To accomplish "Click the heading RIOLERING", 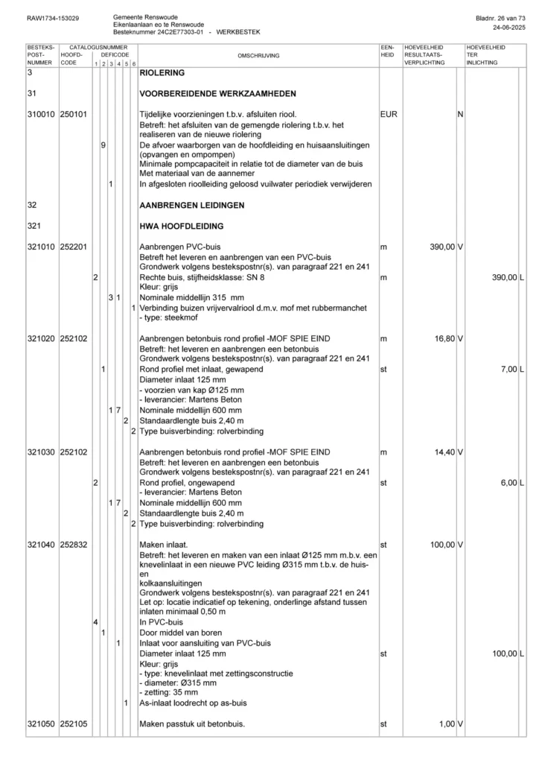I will click(162, 74).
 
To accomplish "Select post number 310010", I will click(40, 115).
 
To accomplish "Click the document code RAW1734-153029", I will click(53, 17).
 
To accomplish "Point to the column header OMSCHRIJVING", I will click(258, 55).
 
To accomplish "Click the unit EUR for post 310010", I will click(389, 115).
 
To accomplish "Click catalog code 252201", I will click(74, 246).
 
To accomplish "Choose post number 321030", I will click(40, 452).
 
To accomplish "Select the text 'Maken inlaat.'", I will click(164, 545).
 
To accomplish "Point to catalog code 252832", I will click(74, 545).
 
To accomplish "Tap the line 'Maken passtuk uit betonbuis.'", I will click(192, 724).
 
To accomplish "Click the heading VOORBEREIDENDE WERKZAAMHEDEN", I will click(217, 94).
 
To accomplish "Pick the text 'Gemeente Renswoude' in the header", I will click(145, 16).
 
